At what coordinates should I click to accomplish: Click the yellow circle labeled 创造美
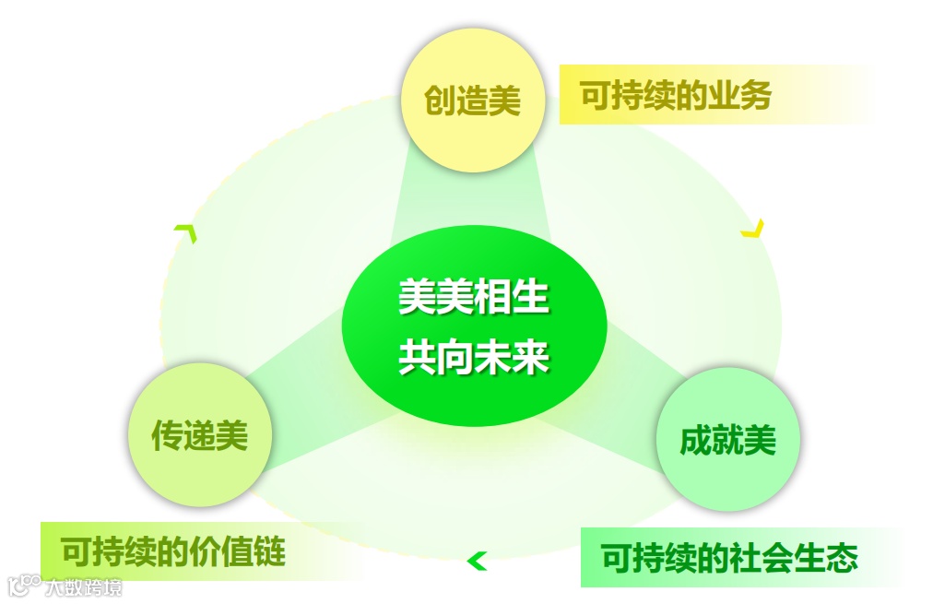[x=472, y=100]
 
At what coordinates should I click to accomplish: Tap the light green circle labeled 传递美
[x=200, y=434]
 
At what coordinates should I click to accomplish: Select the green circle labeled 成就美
[x=727, y=439]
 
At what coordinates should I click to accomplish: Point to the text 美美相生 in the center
[x=474, y=298]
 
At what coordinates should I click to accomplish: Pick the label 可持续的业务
[x=675, y=95]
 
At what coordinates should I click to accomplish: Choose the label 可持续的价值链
[x=173, y=551]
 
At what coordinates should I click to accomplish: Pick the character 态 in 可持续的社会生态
[x=842, y=557]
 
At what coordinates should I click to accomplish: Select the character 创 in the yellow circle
[x=440, y=101]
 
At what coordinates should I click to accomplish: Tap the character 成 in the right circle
[x=695, y=440]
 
